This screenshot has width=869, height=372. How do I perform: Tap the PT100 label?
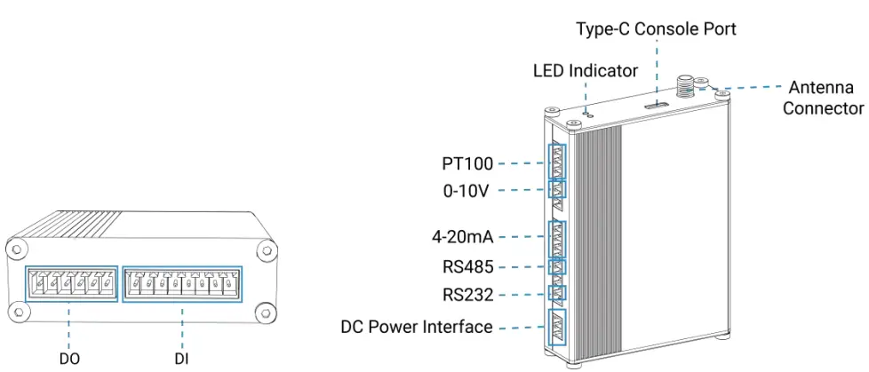tap(466, 164)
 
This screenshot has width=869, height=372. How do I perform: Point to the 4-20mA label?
tap(461, 237)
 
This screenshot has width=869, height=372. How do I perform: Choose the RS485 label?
tap(468, 265)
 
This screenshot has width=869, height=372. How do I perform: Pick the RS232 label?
tap(468, 294)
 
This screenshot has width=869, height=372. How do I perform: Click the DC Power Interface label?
tap(417, 327)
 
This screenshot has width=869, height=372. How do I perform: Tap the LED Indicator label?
tap(586, 70)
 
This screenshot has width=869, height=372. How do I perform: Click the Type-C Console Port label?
tap(656, 29)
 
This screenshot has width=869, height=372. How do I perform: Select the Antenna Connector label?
tap(823, 98)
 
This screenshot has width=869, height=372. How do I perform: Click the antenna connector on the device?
tap(685, 86)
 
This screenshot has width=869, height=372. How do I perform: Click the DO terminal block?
tap(71, 283)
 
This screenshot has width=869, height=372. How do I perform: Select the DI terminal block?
tap(181, 283)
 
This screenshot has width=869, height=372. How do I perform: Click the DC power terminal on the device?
tap(557, 327)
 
